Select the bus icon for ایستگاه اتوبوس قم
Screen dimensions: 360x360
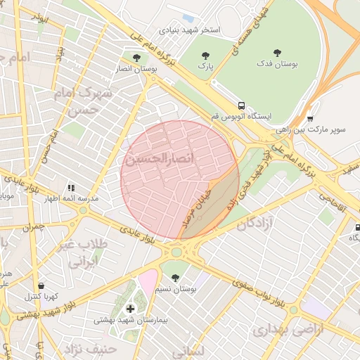[x=241, y=104]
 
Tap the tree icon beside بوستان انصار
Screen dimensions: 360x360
[x=136, y=57]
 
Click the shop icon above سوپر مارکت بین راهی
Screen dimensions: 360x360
[x=310, y=118]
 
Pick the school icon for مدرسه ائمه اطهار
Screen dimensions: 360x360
[x=71, y=188]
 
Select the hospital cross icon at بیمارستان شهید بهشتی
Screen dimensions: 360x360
[x=130, y=309]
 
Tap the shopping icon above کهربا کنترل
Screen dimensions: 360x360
[x=41, y=286]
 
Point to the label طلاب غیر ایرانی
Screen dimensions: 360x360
[x=88, y=253]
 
